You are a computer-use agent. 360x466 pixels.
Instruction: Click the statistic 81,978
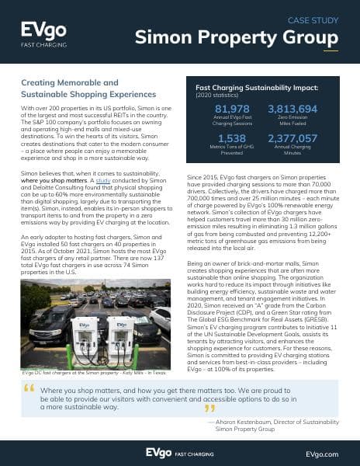[230, 109]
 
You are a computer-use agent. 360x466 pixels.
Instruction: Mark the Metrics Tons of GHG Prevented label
[230, 151]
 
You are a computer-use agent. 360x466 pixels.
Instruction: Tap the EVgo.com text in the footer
[322, 451]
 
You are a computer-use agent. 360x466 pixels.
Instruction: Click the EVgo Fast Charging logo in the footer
[180, 451]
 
